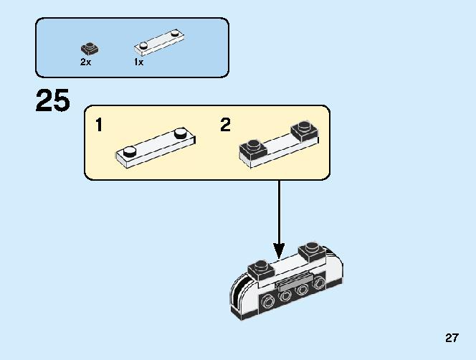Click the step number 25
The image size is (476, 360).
52,101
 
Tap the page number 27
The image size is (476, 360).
452,338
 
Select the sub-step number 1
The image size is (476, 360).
99,125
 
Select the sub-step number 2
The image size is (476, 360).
225,125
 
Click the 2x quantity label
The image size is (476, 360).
85,62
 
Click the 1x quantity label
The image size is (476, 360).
138,62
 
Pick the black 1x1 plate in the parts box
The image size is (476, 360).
90,49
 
